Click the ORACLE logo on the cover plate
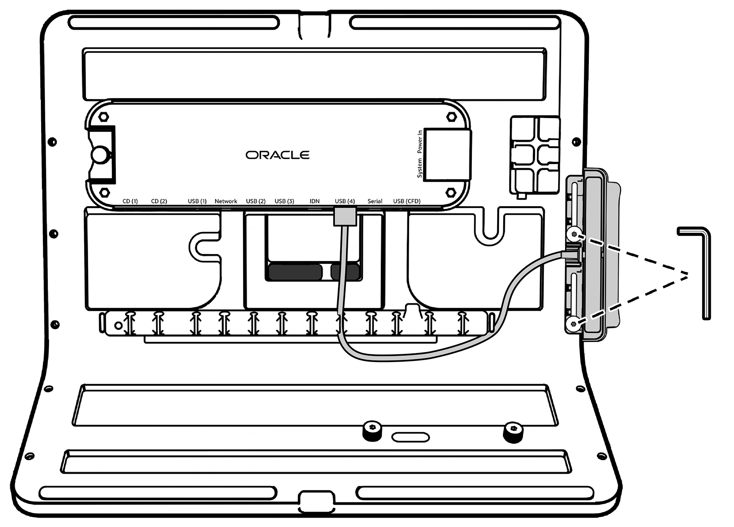[277, 155]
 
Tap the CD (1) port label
[130, 201]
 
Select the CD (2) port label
[159, 201]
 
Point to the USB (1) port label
[197, 201]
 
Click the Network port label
[226, 201]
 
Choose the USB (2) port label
[256, 201]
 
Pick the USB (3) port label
[284, 201]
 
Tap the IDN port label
[315, 201]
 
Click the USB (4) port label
[345, 201]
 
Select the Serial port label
[375, 201]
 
